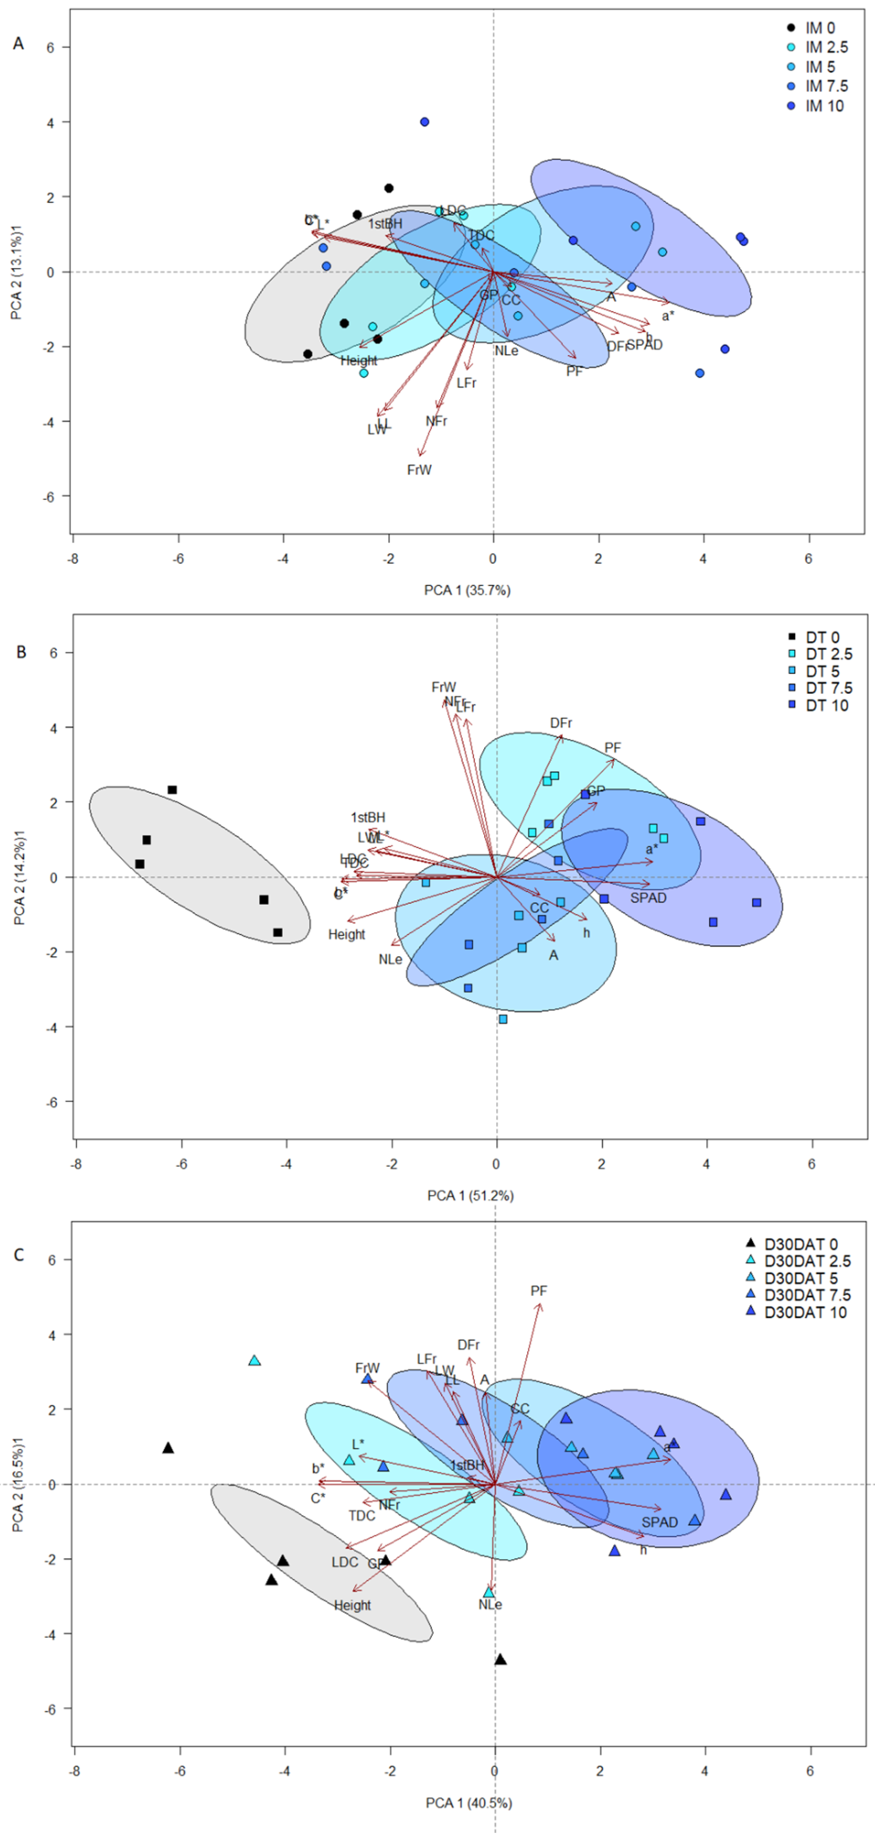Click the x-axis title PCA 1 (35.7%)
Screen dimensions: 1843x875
point(467,590)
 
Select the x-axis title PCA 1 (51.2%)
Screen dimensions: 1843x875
point(470,1195)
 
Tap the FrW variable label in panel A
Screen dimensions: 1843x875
point(419,470)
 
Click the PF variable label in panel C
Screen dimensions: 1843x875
point(539,1291)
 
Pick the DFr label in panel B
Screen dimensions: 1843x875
point(561,723)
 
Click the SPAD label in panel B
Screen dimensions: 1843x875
point(648,898)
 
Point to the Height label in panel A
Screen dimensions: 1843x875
point(358,360)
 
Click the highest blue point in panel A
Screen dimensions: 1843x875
point(424,121)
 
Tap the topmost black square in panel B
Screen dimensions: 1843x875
point(172,790)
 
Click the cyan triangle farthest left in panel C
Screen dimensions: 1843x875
point(254,1360)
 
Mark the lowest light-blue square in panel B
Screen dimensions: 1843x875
point(503,1019)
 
